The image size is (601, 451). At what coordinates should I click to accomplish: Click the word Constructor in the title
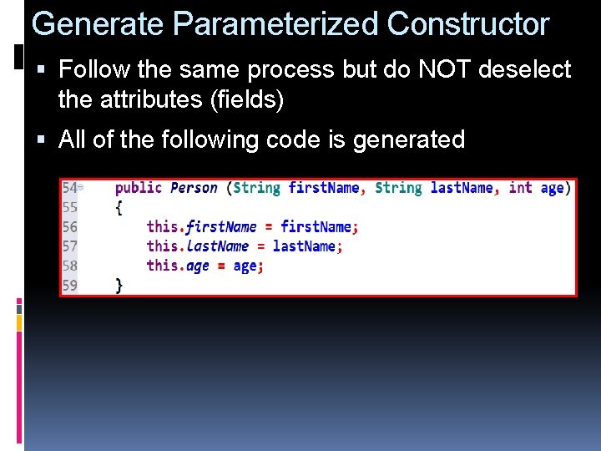[x=468, y=23]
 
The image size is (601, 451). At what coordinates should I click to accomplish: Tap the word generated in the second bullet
[x=409, y=139]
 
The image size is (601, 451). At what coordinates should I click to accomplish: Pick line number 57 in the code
[x=69, y=246]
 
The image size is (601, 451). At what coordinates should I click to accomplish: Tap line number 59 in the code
[x=69, y=285]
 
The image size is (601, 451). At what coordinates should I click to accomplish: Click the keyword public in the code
[x=139, y=188]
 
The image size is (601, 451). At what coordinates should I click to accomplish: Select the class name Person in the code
[x=194, y=188]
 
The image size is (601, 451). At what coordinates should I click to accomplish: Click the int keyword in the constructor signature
[x=520, y=188]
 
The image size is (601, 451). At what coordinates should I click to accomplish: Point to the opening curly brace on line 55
[x=119, y=207]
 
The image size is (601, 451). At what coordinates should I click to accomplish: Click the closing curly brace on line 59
[x=119, y=285]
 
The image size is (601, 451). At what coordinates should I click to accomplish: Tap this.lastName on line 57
[x=197, y=246]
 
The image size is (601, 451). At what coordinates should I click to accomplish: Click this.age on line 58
[x=178, y=266]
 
